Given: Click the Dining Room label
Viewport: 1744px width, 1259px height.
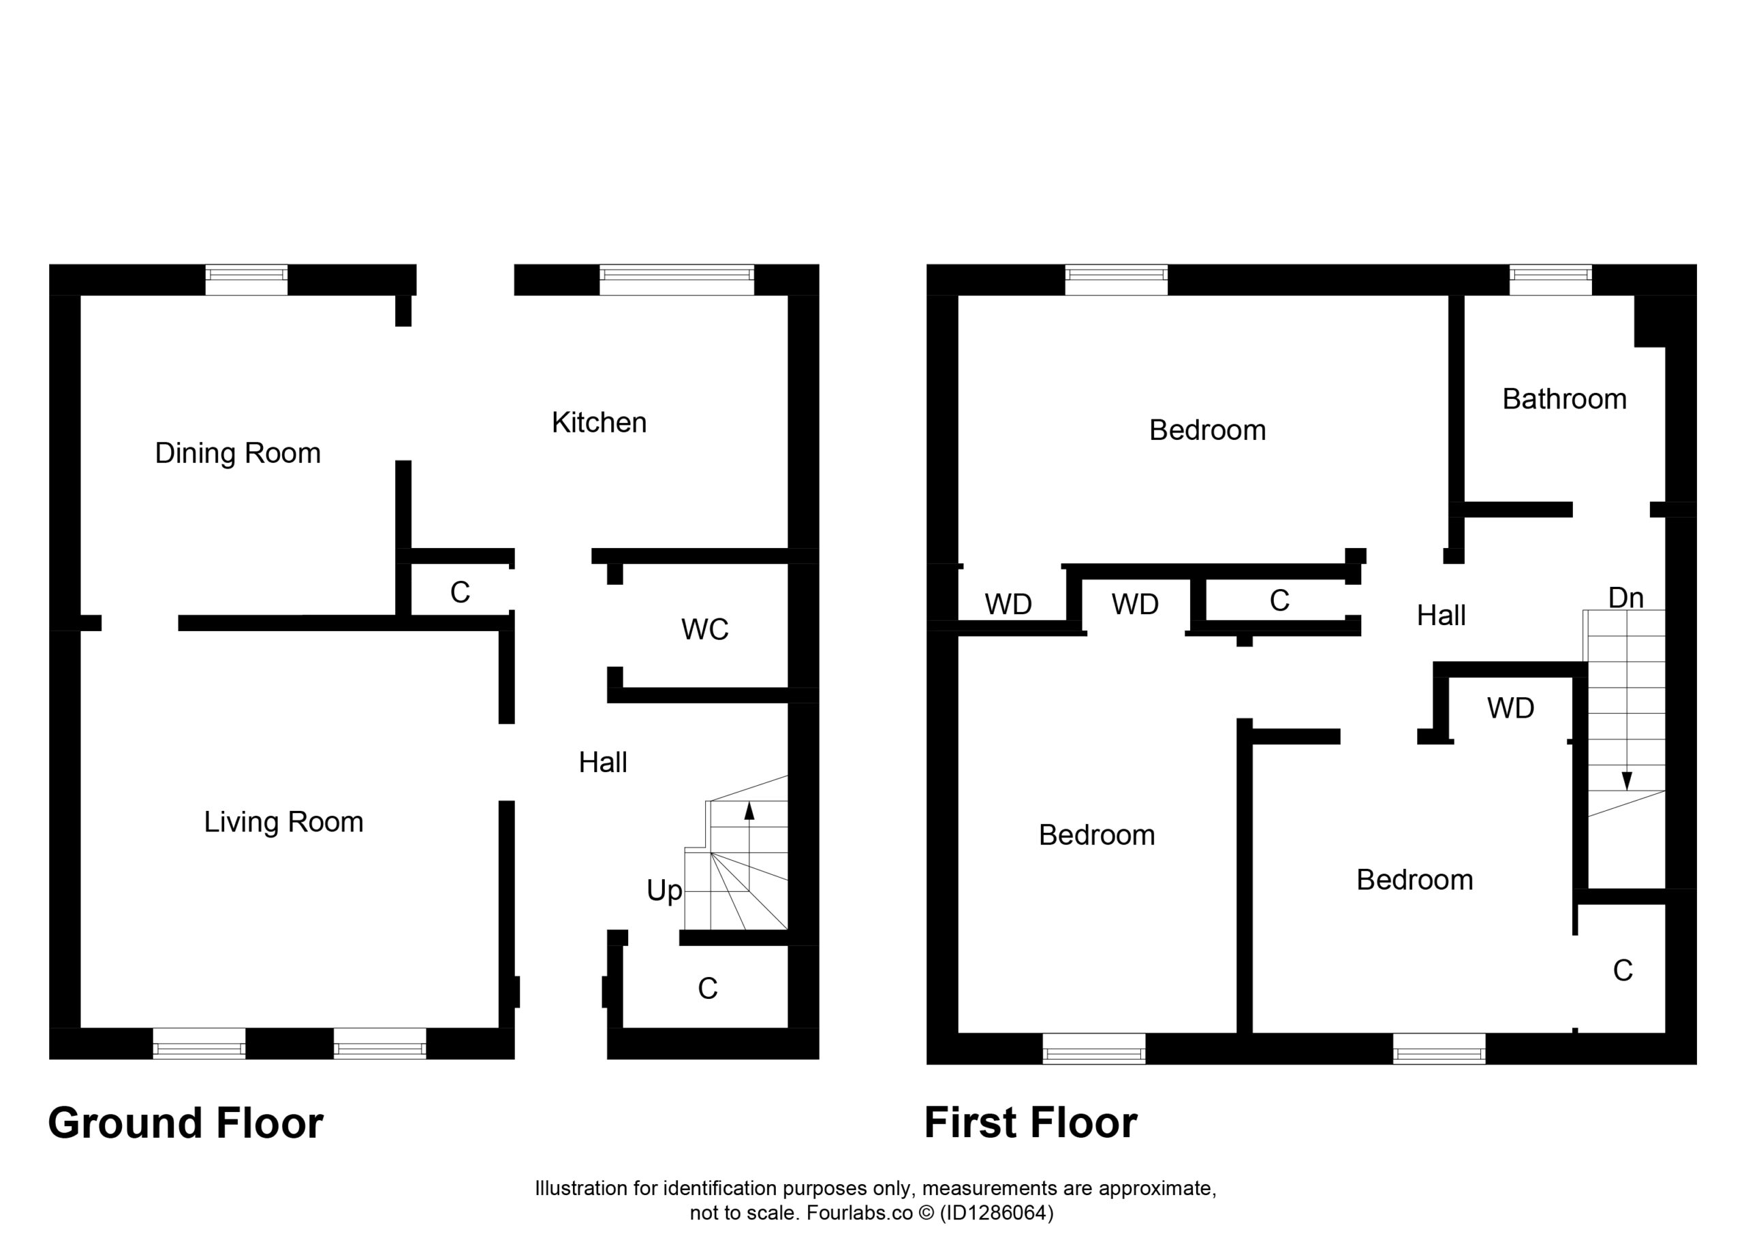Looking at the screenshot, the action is point(238,453).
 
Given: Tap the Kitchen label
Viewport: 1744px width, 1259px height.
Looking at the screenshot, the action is point(599,423).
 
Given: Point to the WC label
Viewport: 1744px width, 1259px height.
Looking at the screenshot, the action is point(704,629).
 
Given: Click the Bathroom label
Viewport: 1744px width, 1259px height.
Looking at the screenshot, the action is point(1564,399).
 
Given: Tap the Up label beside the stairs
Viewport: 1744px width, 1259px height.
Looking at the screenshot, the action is point(664,891).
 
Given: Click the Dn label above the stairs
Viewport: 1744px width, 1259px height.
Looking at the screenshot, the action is point(1625,597).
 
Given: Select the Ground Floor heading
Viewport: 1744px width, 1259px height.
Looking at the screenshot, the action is point(186,1123).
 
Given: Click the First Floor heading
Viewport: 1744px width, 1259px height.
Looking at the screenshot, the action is point(1031,1123).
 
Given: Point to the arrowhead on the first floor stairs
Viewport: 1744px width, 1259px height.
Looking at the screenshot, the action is point(1626,781).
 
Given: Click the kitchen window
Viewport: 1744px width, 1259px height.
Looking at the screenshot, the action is point(676,280).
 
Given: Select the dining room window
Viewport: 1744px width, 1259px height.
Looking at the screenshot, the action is point(246,280).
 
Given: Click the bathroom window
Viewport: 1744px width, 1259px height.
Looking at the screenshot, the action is point(1551,280).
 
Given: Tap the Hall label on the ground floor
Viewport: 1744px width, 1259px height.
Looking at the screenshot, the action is point(603,763).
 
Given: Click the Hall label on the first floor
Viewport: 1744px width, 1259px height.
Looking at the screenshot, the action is point(1441,616).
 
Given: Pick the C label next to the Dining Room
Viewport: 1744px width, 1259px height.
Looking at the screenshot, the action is point(460,592).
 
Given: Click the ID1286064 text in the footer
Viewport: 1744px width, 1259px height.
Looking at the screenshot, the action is point(997,1213).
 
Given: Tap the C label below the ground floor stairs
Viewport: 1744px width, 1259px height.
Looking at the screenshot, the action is point(707,989).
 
